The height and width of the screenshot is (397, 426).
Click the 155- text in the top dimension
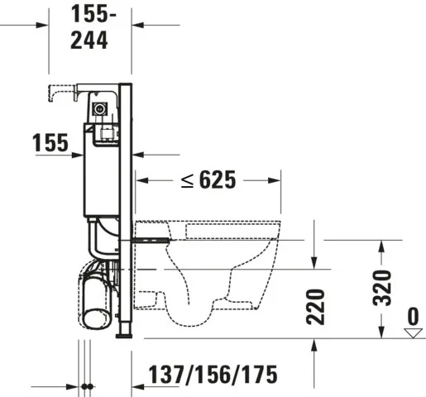pos(89,14)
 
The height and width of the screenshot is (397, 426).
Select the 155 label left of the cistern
pos(50,142)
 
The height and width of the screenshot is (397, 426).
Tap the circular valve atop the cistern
pos(100,108)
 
